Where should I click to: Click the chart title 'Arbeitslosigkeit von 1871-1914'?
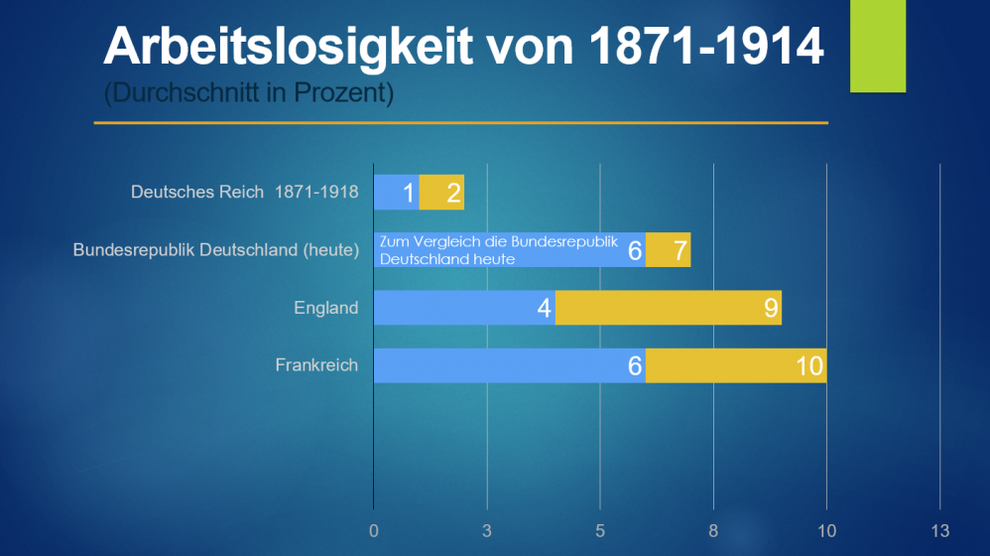(463, 46)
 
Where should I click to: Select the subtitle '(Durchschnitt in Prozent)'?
(249, 94)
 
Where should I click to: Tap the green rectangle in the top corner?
(878, 46)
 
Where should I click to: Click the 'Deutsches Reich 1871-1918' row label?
(244, 192)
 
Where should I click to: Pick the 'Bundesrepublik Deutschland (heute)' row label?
(215, 250)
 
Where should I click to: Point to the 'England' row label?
(325, 308)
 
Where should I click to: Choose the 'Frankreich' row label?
(316, 365)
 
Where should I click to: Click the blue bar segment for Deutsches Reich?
(395, 193)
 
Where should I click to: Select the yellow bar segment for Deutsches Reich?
(442, 193)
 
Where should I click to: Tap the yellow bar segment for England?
(667, 308)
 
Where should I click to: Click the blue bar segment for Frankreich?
(508, 365)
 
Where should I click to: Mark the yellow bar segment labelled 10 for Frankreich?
(734, 365)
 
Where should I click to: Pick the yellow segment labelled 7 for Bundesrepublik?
(669, 250)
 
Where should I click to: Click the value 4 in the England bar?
(544, 308)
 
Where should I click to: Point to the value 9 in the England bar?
(771, 308)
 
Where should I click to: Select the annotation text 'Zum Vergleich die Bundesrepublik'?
(498, 241)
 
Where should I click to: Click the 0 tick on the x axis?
(373, 530)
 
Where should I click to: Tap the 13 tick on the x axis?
(939, 530)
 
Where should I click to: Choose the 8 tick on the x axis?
(713, 530)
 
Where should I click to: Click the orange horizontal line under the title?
(460, 123)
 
